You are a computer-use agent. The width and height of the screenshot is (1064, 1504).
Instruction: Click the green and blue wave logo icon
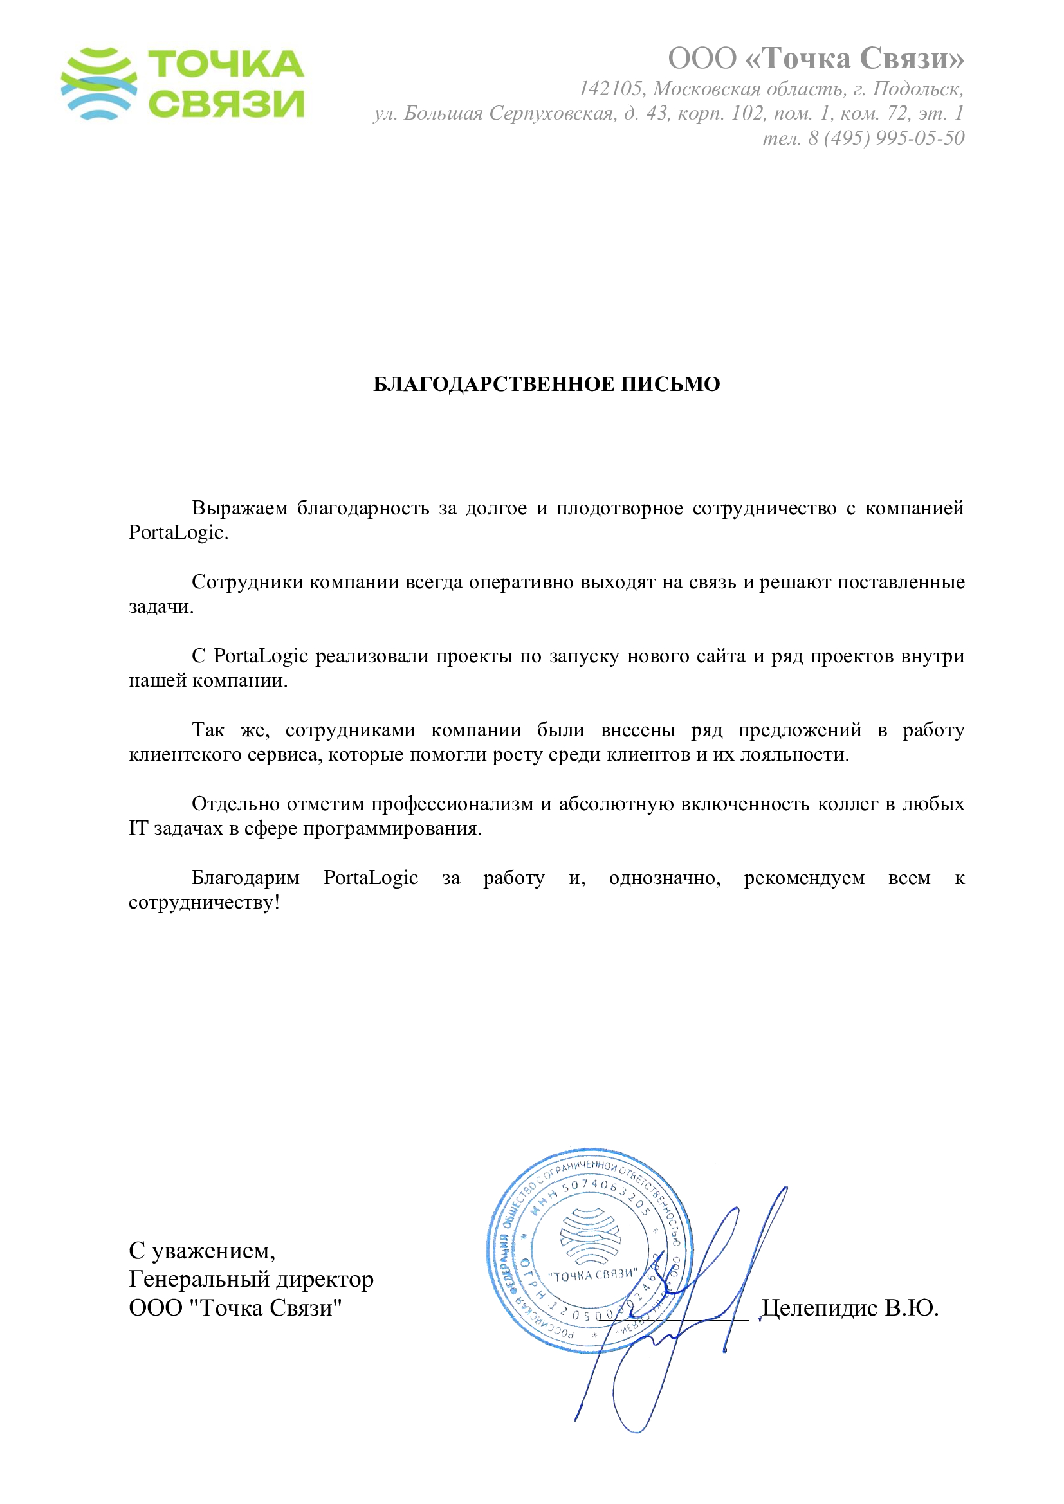[x=99, y=83]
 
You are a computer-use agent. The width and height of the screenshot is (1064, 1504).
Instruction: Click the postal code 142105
[x=610, y=89]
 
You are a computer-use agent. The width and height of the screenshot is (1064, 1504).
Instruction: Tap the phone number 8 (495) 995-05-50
[x=886, y=138]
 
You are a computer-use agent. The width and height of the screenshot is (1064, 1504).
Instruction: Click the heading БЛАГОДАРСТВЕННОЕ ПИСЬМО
[x=546, y=384]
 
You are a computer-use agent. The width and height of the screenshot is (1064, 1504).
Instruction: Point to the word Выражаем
[x=239, y=508]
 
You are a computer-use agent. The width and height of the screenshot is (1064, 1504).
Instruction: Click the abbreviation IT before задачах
[x=138, y=829]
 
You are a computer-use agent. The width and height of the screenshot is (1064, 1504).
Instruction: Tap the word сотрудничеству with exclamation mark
[x=204, y=903]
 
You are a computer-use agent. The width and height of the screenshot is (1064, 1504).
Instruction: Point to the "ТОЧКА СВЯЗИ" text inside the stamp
[x=592, y=1274]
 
